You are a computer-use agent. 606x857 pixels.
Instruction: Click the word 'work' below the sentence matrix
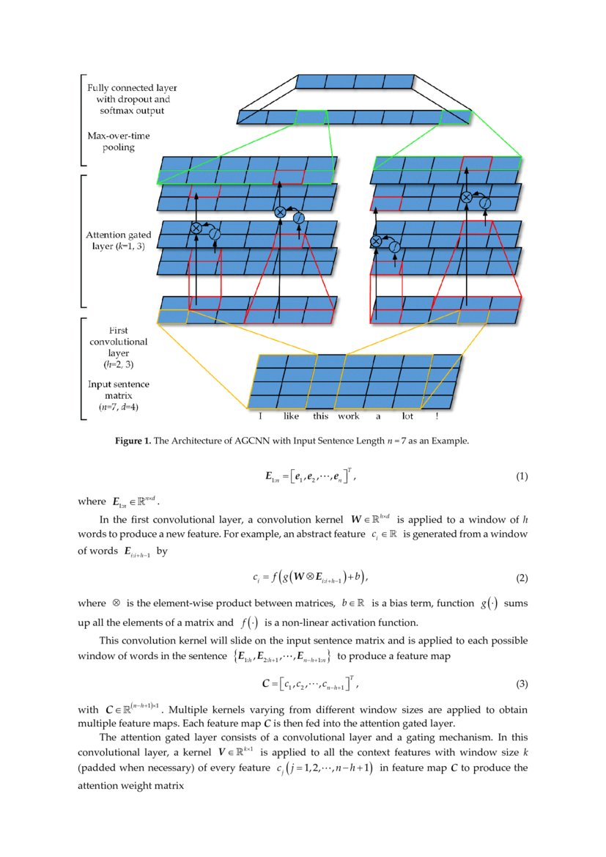[x=348, y=416]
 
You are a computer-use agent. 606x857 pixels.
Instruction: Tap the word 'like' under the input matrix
[x=292, y=416]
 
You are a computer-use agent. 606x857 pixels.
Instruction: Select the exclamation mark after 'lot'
[x=437, y=416]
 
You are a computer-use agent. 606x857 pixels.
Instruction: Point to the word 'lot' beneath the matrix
[x=407, y=416]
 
